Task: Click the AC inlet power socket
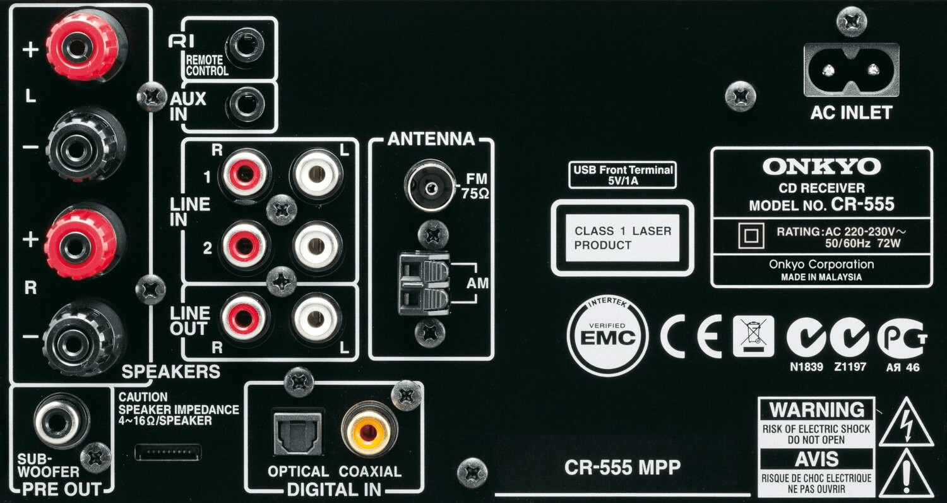(850, 70)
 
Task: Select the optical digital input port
(298, 432)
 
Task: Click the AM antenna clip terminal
(423, 284)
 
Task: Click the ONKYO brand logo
(821, 167)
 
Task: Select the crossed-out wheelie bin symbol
(753, 336)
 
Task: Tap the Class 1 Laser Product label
(622, 238)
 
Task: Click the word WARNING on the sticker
(816, 410)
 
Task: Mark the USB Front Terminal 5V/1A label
(622, 176)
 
